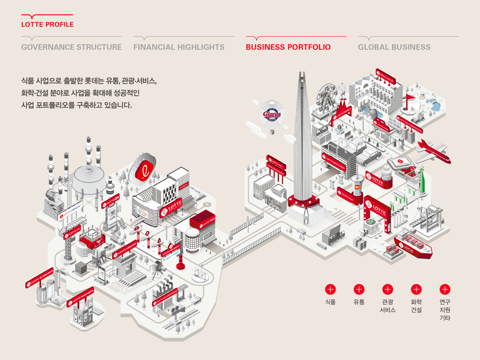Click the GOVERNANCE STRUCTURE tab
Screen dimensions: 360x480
[x=71, y=47]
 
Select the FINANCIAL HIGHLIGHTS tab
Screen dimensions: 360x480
[x=179, y=47]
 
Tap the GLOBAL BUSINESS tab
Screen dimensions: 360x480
[x=394, y=47]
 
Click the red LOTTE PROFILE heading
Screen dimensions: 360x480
[x=48, y=24]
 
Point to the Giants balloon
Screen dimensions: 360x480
[x=272, y=113]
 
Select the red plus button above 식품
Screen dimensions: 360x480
[x=330, y=289]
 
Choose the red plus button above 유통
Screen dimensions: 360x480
[x=359, y=289]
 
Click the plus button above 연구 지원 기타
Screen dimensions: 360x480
[x=445, y=289]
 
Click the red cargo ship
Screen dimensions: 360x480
[x=413, y=244]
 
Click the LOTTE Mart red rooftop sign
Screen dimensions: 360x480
[x=202, y=220]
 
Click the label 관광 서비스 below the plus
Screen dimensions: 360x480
[x=387, y=306]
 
